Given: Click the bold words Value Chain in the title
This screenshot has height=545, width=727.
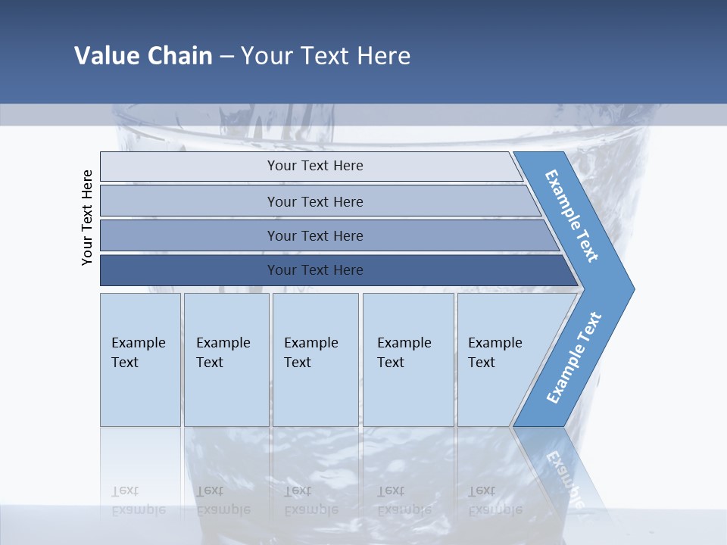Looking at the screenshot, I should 143,56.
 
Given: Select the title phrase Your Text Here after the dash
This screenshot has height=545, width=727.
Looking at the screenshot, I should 326,56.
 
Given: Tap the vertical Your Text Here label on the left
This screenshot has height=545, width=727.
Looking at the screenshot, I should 88,217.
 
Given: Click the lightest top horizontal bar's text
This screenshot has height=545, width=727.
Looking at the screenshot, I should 315,166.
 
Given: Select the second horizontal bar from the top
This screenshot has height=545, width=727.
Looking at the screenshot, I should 315,201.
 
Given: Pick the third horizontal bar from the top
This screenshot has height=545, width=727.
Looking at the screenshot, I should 315,236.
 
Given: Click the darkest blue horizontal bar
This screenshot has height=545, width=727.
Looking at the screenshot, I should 315,270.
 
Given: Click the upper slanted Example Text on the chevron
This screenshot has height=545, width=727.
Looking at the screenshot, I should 572,216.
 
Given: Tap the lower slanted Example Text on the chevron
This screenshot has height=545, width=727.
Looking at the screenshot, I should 573,358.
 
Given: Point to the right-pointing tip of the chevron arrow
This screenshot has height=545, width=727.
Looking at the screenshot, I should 632,288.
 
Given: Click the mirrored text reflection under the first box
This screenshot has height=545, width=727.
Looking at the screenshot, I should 139,500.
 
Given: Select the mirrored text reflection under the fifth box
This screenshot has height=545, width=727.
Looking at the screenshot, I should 495,500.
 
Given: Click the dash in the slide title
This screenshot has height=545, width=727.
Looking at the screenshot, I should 226,57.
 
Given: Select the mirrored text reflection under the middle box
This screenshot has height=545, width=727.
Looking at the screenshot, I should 311,500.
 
